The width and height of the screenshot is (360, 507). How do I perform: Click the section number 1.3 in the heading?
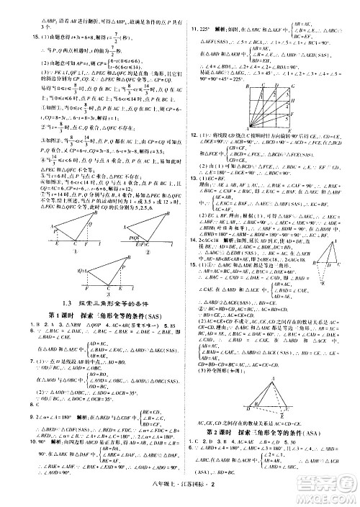(68, 283)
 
